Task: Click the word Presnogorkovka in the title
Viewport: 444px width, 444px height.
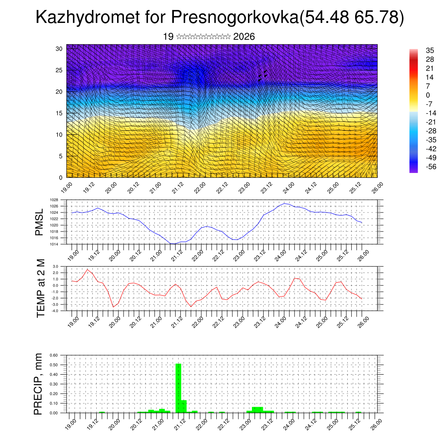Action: click(235, 17)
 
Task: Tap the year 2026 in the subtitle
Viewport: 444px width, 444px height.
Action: click(244, 37)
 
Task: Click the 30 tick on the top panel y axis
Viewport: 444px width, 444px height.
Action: click(59, 49)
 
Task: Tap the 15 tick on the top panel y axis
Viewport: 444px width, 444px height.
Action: click(59, 113)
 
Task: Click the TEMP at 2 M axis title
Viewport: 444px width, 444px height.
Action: click(41, 288)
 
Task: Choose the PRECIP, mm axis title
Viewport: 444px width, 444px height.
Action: click(39, 384)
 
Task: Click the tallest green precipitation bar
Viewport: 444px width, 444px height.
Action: click(178, 388)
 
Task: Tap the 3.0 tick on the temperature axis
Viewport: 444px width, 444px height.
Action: click(55, 267)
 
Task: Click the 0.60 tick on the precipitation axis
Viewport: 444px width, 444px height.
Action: click(53, 355)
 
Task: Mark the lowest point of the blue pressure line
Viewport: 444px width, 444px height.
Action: click(173, 244)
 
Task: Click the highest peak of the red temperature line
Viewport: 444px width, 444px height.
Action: click(88, 269)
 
